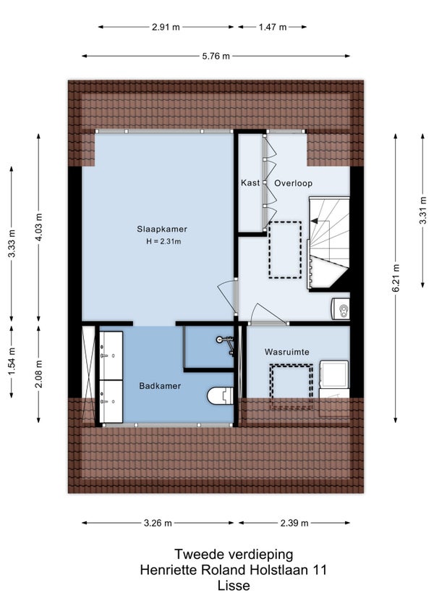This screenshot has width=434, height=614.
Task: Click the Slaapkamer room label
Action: tap(162, 229)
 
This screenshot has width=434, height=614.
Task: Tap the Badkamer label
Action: tap(160, 386)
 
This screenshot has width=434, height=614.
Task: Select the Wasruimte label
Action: tap(287, 352)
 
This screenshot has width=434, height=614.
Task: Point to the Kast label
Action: tap(250, 183)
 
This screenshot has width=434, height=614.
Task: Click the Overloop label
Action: tap(293, 183)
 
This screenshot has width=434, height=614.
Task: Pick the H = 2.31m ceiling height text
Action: tap(163, 242)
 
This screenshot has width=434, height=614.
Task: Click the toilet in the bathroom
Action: tap(220, 396)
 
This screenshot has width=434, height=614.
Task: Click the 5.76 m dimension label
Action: tap(216, 56)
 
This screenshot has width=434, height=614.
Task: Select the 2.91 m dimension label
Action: tap(166, 28)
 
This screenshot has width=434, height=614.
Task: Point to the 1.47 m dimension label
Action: tap(273, 28)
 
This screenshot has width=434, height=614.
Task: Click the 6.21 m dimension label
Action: tap(396, 277)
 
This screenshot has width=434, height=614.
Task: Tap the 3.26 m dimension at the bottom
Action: tap(158, 523)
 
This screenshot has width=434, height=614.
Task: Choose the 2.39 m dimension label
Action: tap(294, 523)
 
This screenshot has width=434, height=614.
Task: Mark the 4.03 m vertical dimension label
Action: tap(39, 227)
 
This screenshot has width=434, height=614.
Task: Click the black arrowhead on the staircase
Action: tap(314, 222)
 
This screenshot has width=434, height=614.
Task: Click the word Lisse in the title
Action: tap(234, 586)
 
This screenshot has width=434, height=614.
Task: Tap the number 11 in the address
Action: tap(318, 570)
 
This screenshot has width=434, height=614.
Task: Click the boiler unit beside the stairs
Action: tap(341, 310)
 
